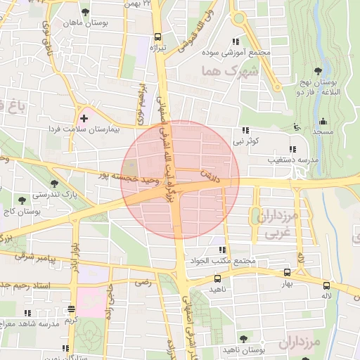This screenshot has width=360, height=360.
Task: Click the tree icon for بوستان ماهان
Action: [86, 12]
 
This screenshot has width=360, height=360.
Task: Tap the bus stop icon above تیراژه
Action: [157, 37]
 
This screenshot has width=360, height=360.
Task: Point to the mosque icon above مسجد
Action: [323, 121]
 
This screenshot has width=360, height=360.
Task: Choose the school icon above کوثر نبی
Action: [245, 130]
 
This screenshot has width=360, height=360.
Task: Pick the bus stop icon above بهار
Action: [287, 272]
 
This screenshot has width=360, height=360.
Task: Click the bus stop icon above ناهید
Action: [217, 278]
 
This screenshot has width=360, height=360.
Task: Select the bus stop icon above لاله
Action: [326, 285]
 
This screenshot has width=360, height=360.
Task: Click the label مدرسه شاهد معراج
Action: [29, 323]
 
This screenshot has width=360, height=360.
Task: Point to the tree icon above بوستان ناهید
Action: [243, 339]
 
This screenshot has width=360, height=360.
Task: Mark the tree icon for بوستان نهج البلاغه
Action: [319, 70]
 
